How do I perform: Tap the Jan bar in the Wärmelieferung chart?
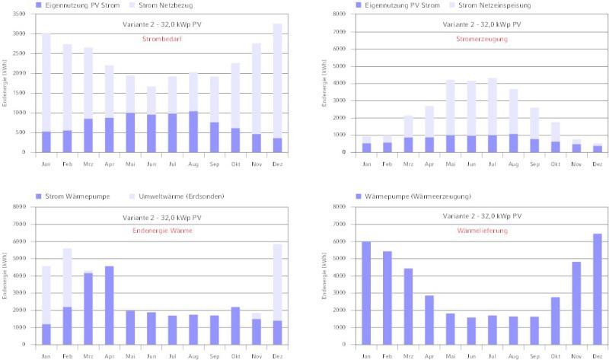click(x=365, y=293)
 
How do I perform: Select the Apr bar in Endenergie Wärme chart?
click(x=110, y=304)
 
